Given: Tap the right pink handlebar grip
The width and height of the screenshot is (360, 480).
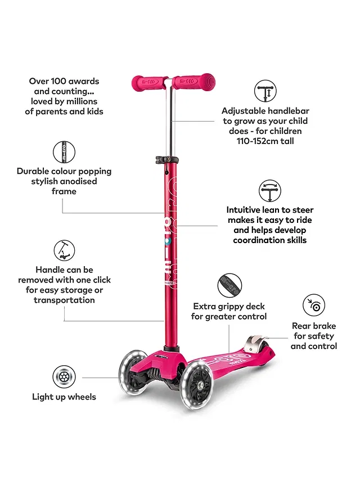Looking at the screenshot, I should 193,82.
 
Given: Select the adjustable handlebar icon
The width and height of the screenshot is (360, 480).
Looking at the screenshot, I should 265,92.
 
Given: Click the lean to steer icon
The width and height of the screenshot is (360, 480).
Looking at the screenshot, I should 270,191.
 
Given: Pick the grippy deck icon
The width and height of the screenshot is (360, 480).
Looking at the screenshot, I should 229,285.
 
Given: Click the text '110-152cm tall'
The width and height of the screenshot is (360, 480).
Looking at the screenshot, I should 265,141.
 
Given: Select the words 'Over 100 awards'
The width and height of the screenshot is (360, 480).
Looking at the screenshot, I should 64,81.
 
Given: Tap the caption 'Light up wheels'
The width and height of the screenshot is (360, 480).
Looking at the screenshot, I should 64,397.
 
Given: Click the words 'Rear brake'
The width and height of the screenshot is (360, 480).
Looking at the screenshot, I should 314,326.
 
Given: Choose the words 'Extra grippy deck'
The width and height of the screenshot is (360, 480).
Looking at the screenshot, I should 229,306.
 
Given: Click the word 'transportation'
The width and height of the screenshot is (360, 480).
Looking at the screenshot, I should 64,300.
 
